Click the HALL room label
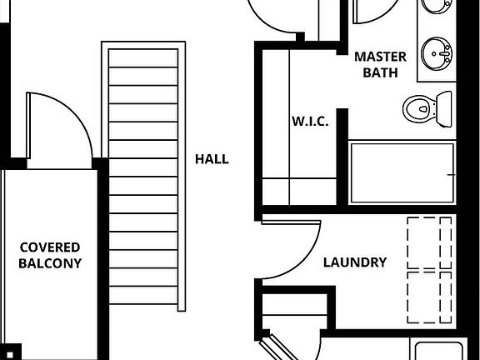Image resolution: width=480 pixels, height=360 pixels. click(212, 159)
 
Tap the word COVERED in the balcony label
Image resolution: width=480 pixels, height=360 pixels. click(50, 247)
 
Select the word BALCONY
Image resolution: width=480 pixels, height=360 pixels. click(50, 263)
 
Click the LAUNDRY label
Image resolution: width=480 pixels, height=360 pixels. click(355, 262)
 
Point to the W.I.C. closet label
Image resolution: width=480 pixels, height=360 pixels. click(310, 122)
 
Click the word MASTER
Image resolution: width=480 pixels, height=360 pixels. click(381, 57)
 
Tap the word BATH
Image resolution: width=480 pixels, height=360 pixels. click(381, 72)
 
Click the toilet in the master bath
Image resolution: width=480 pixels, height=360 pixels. click(427, 109)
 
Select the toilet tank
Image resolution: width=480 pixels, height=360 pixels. click(444, 109)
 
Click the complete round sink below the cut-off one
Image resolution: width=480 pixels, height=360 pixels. click(437, 54)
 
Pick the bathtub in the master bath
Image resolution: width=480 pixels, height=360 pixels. click(402, 173)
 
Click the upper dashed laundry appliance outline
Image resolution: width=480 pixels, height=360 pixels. click(429, 243)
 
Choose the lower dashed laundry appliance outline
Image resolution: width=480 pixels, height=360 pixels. click(429, 297)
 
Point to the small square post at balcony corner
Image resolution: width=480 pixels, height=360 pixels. click(9, 355)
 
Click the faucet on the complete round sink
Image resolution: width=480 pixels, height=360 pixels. click(445, 54)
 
